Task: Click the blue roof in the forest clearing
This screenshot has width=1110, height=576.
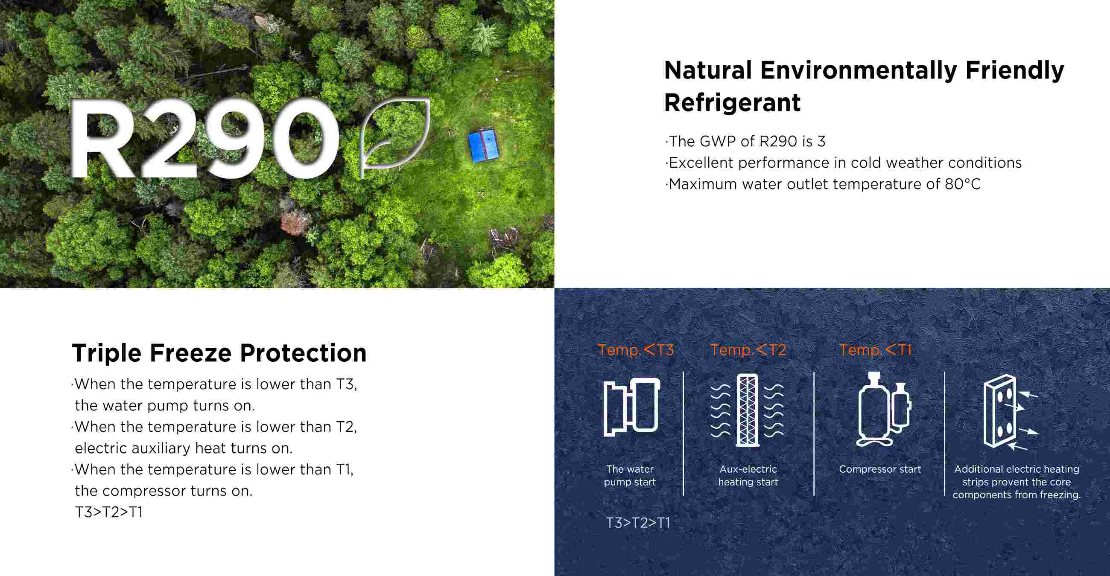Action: (x=483, y=145)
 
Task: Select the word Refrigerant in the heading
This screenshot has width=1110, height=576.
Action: (x=732, y=103)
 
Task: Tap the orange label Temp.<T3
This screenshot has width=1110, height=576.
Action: (x=636, y=349)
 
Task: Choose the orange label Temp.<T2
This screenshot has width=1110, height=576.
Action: (x=748, y=349)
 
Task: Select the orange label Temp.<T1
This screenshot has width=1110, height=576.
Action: (x=875, y=349)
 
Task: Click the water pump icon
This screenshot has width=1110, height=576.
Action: (x=631, y=407)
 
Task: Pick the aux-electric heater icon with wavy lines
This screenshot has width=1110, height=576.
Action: (x=747, y=410)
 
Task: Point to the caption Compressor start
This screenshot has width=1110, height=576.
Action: (x=879, y=469)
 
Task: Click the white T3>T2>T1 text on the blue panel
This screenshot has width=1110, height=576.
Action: (x=638, y=523)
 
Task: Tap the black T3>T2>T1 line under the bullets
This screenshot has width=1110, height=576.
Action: (x=108, y=512)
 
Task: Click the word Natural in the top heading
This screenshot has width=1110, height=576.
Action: (x=708, y=70)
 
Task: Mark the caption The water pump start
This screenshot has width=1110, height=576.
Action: (x=630, y=476)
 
